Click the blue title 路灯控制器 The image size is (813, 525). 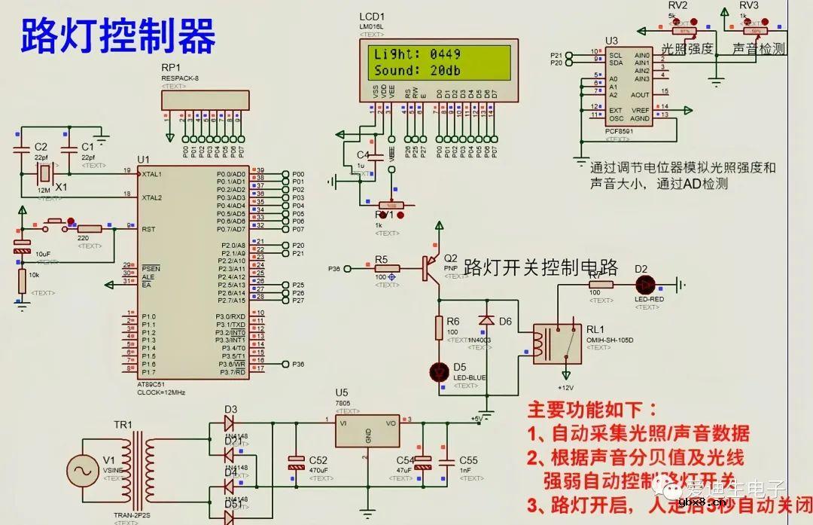click(118, 35)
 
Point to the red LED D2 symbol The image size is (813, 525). click(645, 285)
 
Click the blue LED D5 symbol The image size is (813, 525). click(439, 371)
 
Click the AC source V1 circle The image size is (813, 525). click(81, 472)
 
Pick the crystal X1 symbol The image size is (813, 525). click(44, 174)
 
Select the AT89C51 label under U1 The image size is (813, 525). click(152, 384)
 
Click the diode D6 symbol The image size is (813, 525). click(486, 321)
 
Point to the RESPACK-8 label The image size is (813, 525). click(180, 78)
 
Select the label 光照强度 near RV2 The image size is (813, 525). click(687, 50)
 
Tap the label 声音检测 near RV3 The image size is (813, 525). click(759, 50)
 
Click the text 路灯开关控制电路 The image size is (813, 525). click(540, 267)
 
